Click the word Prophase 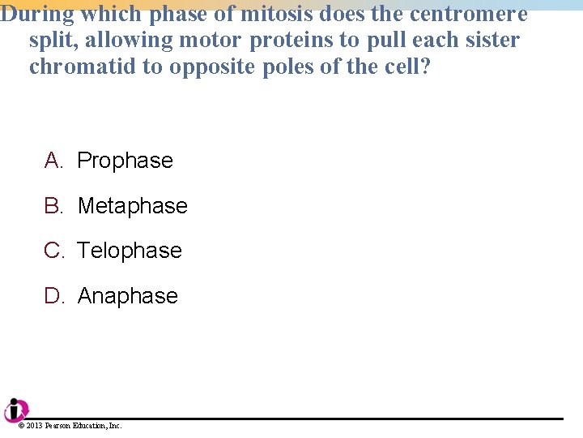click(x=125, y=161)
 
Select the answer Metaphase click(x=132, y=206)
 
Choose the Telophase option click(x=130, y=251)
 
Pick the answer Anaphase click(x=127, y=296)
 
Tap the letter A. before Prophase click(x=53, y=161)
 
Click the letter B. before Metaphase click(x=53, y=206)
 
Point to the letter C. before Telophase click(x=54, y=251)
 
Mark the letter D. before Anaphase click(x=54, y=296)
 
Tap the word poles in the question click(x=287, y=67)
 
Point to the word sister click(x=492, y=40)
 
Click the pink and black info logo click(x=16, y=410)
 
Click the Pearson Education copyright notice click(x=70, y=426)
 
